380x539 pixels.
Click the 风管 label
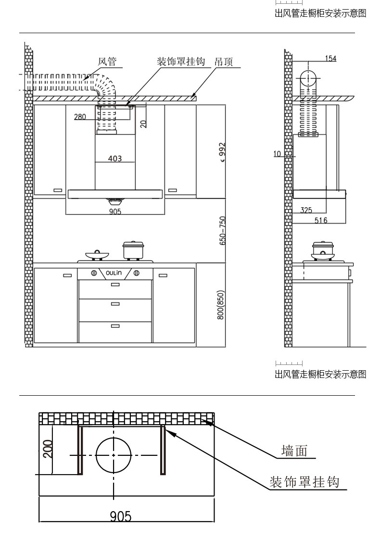click(107, 62)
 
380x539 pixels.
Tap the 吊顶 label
click(224, 62)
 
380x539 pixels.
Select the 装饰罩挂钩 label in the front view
click(181, 62)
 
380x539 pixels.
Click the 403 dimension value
click(115, 158)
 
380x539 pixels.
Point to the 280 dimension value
click(80, 117)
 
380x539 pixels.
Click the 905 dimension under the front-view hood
click(115, 212)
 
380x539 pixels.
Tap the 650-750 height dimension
click(223, 231)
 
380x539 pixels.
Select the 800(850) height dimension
click(221, 305)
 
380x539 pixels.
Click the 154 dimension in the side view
click(330, 59)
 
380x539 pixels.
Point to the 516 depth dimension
click(321, 220)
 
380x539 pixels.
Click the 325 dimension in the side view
click(306, 210)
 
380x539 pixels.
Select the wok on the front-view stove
click(96, 253)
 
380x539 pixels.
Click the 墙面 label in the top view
click(294, 451)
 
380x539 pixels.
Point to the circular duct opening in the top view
click(114, 455)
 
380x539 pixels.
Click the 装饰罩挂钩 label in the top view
click(304, 482)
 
